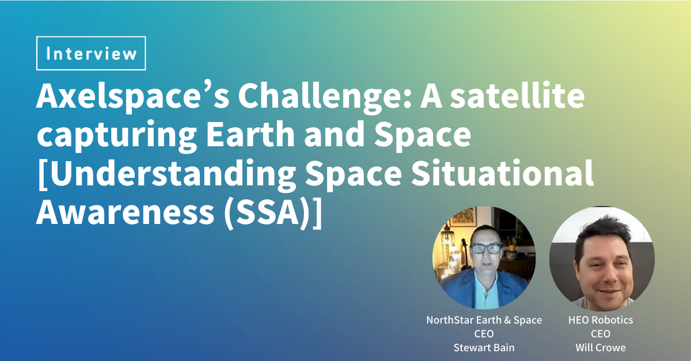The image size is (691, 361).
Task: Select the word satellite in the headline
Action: pyautogui.click(x=517, y=96)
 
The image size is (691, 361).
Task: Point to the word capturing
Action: pyautogui.click(x=116, y=136)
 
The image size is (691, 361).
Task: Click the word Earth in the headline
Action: pyautogui.click(x=250, y=133)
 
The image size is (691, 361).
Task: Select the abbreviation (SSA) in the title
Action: pyautogui.click(x=267, y=213)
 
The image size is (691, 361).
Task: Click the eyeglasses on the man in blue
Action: pyautogui.click(x=487, y=249)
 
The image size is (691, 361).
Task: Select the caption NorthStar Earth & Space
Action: pyautogui.click(x=484, y=320)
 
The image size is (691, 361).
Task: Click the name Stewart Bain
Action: pyautogui.click(x=484, y=348)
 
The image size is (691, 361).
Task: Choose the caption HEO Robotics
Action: pyautogui.click(x=601, y=320)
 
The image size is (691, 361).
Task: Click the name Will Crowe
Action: pyautogui.click(x=601, y=348)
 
